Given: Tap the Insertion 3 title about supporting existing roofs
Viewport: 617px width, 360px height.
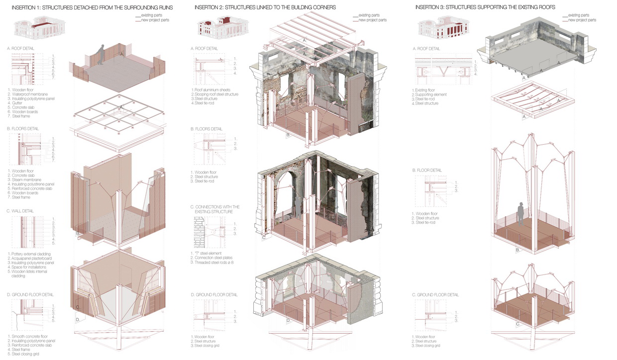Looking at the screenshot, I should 485,7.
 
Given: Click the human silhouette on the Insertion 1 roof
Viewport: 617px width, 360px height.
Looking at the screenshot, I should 101,54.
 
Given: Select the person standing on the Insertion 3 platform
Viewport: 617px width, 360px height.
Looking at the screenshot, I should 520,214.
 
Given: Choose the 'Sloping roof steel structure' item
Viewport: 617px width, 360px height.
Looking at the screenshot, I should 217,94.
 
